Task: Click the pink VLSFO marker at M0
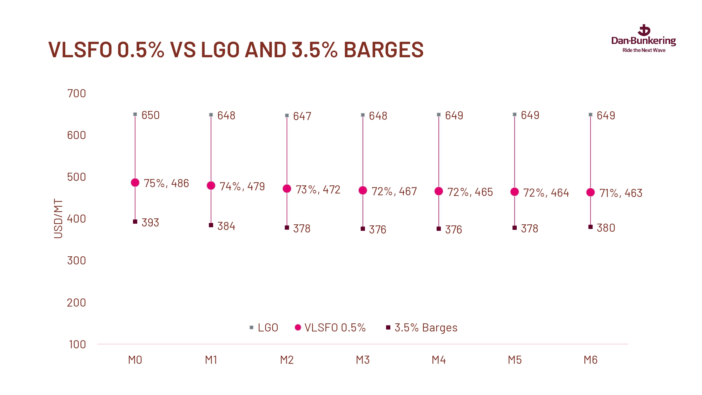point(135,183)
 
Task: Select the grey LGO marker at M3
point(363,115)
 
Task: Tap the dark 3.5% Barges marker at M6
point(590,227)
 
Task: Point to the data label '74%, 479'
point(242,186)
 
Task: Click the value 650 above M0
point(151,115)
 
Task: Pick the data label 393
point(150,223)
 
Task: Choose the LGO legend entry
point(264,328)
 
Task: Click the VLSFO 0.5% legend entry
point(330,328)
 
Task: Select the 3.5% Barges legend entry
point(422,328)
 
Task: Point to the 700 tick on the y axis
point(77,93)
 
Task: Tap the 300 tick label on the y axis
point(77,261)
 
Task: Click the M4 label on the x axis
point(439,360)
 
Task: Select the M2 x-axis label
point(287,360)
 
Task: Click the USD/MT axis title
point(58,218)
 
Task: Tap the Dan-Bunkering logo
point(644,37)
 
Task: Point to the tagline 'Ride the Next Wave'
point(644,50)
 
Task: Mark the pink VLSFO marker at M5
point(515,192)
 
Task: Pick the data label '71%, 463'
point(621,193)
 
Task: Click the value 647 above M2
point(302,116)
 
